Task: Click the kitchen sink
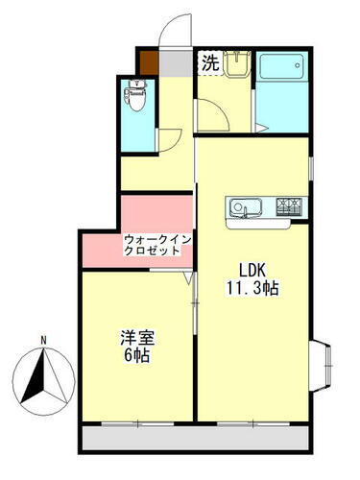pos(242,207)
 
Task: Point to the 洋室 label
pos(135,338)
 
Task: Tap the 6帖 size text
pos(135,355)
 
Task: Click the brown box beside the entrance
pos(150,64)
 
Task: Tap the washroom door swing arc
pos(213,117)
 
